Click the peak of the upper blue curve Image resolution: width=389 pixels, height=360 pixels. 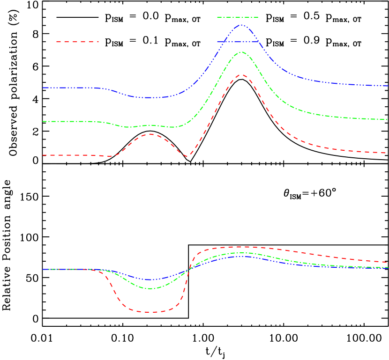tap(241, 25)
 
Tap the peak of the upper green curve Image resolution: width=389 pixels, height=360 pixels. tap(241, 52)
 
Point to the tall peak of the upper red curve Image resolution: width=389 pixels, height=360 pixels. tap(241, 74)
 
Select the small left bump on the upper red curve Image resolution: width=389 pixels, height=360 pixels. tap(150, 134)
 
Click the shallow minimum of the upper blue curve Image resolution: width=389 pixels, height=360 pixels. tap(150, 97)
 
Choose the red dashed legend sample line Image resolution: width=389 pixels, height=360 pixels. tap(77, 42)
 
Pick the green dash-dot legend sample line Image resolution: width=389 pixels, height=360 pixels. tap(238, 17)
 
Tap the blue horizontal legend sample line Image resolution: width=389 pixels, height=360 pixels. tap(238, 42)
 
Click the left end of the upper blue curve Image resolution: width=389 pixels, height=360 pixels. tap(43, 88)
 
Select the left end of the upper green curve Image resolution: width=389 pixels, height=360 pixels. tap(43, 121)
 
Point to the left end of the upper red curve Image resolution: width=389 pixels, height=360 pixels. tap(43, 155)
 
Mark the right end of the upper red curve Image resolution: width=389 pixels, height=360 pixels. tap(387, 153)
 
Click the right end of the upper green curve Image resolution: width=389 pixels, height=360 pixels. tap(387, 119)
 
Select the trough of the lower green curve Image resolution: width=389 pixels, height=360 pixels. tap(149, 288)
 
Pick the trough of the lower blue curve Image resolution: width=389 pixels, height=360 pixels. tap(149, 279)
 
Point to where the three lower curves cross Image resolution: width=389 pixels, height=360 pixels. tap(189, 270)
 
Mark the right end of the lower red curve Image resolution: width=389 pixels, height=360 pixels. tap(387, 262)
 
